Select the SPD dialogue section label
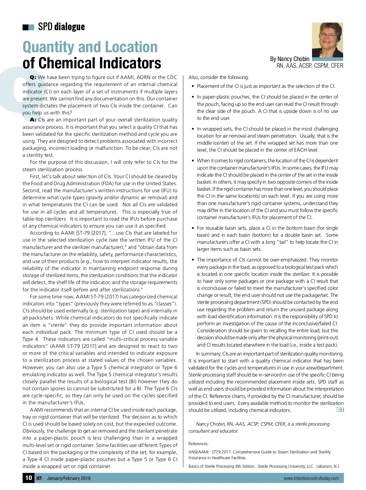click(61, 27)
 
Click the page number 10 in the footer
click(28, 477)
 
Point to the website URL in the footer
click(311, 478)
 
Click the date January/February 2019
click(69, 478)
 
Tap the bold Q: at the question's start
click(33, 77)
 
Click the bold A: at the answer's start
click(33, 120)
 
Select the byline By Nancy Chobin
click(289, 59)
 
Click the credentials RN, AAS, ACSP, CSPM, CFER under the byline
click(310, 66)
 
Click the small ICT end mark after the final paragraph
click(340, 410)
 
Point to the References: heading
click(198, 444)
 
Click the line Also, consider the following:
click(218, 77)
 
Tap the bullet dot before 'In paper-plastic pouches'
click(193, 97)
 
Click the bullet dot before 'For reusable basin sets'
click(193, 228)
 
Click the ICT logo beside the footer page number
click(39, 478)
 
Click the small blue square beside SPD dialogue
click(31, 27)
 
